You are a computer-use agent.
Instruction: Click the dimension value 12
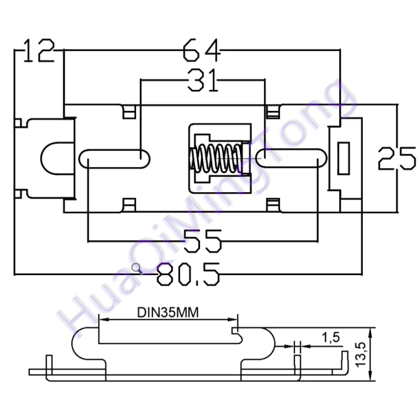[x=39, y=51]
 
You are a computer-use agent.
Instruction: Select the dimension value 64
[x=202, y=50]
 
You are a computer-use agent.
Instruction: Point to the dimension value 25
[x=397, y=158]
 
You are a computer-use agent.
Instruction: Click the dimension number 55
[x=203, y=241]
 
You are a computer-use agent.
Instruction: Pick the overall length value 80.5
[x=188, y=274]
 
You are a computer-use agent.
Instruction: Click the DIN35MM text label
[x=168, y=312]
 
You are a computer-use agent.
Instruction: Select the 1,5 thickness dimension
[x=331, y=338]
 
